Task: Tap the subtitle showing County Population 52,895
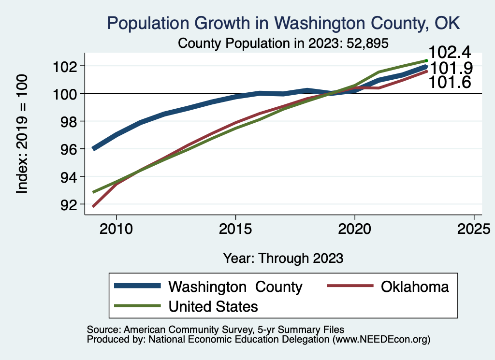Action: pyautogui.click(x=283, y=43)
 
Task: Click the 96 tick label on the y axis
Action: pyautogui.click(x=69, y=149)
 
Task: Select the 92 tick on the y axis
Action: pyautogui.click(x=69, y=204)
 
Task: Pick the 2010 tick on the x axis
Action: pyautogui.click(x=116, y=228)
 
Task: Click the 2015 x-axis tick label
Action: pyautogui.click(x=235, y=228)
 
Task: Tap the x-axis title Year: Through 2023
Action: pyautogui.click(x=283, y=258)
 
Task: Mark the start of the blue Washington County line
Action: pyautogui.click(x=93, y=148)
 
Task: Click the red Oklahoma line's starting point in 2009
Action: pyautogui.click(x=93, y=206)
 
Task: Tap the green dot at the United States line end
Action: pyautogui.click(x=426, y=61)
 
